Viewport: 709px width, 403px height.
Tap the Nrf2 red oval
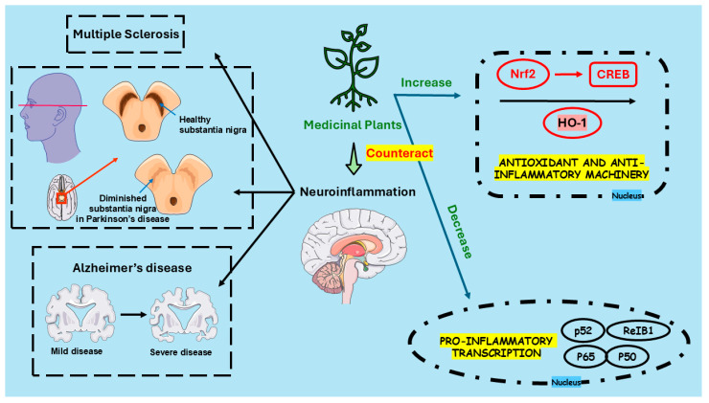[x=522, y=71]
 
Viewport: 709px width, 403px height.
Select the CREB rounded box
[x=609, y=72]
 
